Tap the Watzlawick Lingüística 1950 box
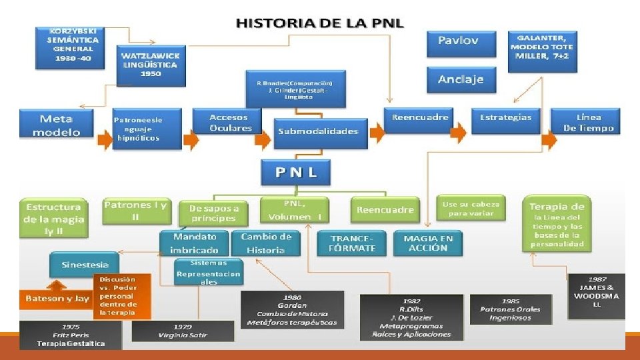tap(149, 65)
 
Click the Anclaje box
tap(460, 80)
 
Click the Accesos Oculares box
tap(231, 123)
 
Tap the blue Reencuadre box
tap(420, 117)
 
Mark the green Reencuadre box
tap(385, 210)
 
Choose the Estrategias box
tap(505, 118)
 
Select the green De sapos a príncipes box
tap(213, 213)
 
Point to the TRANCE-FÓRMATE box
tap(352, 243)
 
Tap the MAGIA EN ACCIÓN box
tap(428, 243)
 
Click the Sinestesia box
tap(84, 265)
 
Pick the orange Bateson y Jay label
tap(57, 299)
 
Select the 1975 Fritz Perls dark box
tap(61, 335)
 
